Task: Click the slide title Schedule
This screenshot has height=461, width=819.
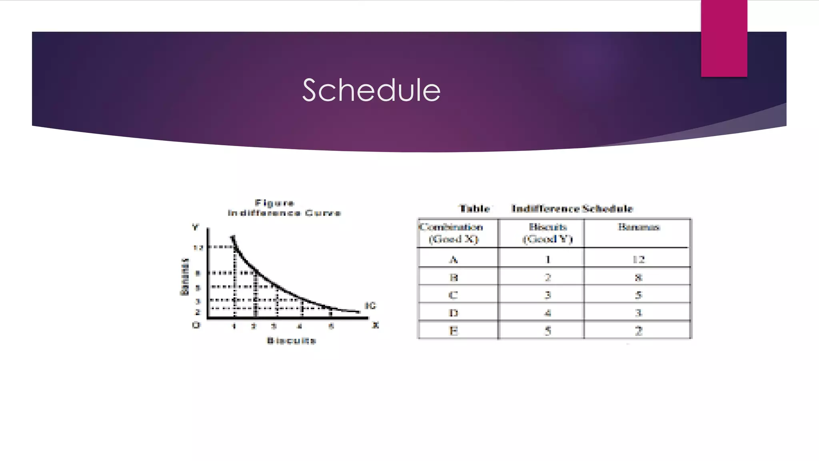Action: tap(371, 90)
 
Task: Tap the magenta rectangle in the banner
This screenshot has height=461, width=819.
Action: tap(724, 38)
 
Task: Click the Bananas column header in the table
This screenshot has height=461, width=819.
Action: tap(638, 227)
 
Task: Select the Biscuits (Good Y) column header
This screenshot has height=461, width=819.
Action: tap(547, 233)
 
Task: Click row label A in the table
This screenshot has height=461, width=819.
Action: tap(453, 260)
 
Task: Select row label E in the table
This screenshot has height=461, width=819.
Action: tap(453, 331)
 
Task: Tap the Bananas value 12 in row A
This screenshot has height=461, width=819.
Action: tap(638, 260)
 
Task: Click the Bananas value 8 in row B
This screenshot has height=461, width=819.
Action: tap(638, 277)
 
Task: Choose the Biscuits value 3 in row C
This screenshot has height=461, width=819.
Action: tap(547, 295)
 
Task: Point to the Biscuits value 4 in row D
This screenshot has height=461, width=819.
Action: tap(547, 313)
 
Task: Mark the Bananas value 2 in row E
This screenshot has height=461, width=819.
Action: tap(638, 331)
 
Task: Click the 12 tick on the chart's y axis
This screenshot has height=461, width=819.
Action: tap(198, 248)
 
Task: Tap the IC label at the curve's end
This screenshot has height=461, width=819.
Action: tap(370, 306)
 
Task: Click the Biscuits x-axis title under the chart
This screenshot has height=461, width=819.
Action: tap(292, 341)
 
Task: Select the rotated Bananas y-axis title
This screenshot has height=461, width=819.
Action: tap(184, 277)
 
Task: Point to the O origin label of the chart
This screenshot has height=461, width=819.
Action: tap(196, 325)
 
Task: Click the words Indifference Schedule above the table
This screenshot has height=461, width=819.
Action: tap(572, 208)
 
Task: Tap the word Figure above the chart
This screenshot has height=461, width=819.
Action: tap(274, 203)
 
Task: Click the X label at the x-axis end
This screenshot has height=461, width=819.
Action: tap(375, 325)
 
